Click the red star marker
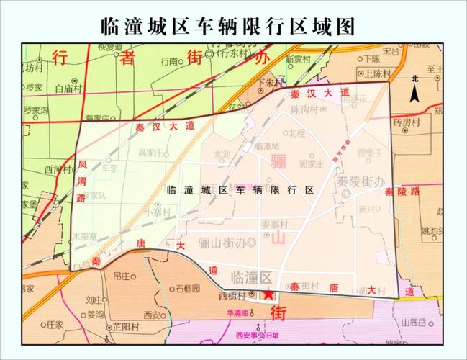coord(268,294)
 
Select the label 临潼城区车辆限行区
coord(240,190)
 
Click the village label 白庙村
coord(70,89)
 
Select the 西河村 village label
coord(58,170)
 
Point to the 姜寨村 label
coord(274,224)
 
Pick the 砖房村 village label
coord(427,122)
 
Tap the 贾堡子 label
coord(368,153)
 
